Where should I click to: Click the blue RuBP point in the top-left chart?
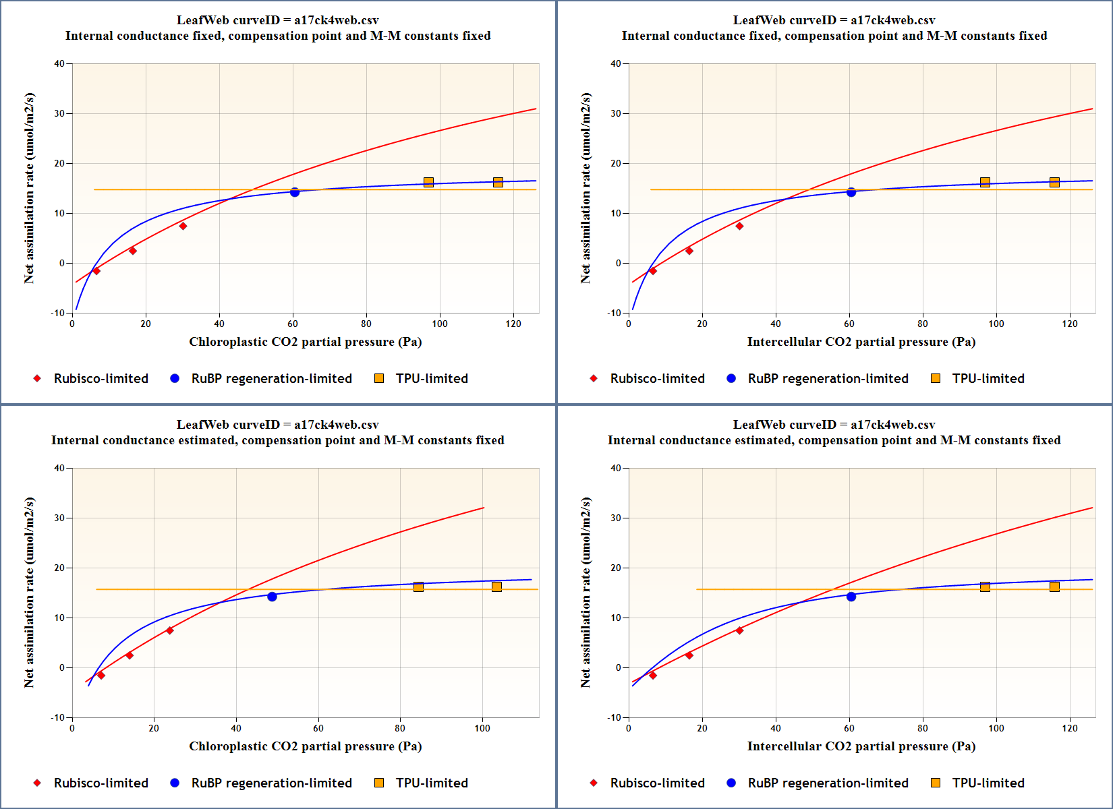click(x=295, y=192)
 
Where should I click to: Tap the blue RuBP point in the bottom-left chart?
click(x=272, y=597)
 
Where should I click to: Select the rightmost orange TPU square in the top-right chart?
click(x=1054, y=182)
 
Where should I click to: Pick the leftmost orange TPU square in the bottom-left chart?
click(x=418, y=587)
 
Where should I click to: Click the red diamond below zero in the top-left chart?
click(x=96, y=271)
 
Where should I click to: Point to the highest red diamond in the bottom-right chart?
click(x=739, y=630)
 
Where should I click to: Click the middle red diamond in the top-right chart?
click(x=689, y=251)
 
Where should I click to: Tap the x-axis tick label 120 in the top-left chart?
click(x=513, y=324)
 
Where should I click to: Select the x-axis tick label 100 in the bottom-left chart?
click(x=482, y=728)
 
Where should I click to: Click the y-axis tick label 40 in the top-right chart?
click(x=616, y=64)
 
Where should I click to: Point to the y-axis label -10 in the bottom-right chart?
click(x=614, y=717)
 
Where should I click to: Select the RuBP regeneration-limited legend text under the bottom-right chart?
click(x=828, y=783)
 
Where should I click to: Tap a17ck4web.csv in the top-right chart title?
click(x=892, y=20)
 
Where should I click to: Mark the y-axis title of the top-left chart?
click(x=29, y=188)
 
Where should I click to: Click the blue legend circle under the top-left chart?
click(x=175, y=378)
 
